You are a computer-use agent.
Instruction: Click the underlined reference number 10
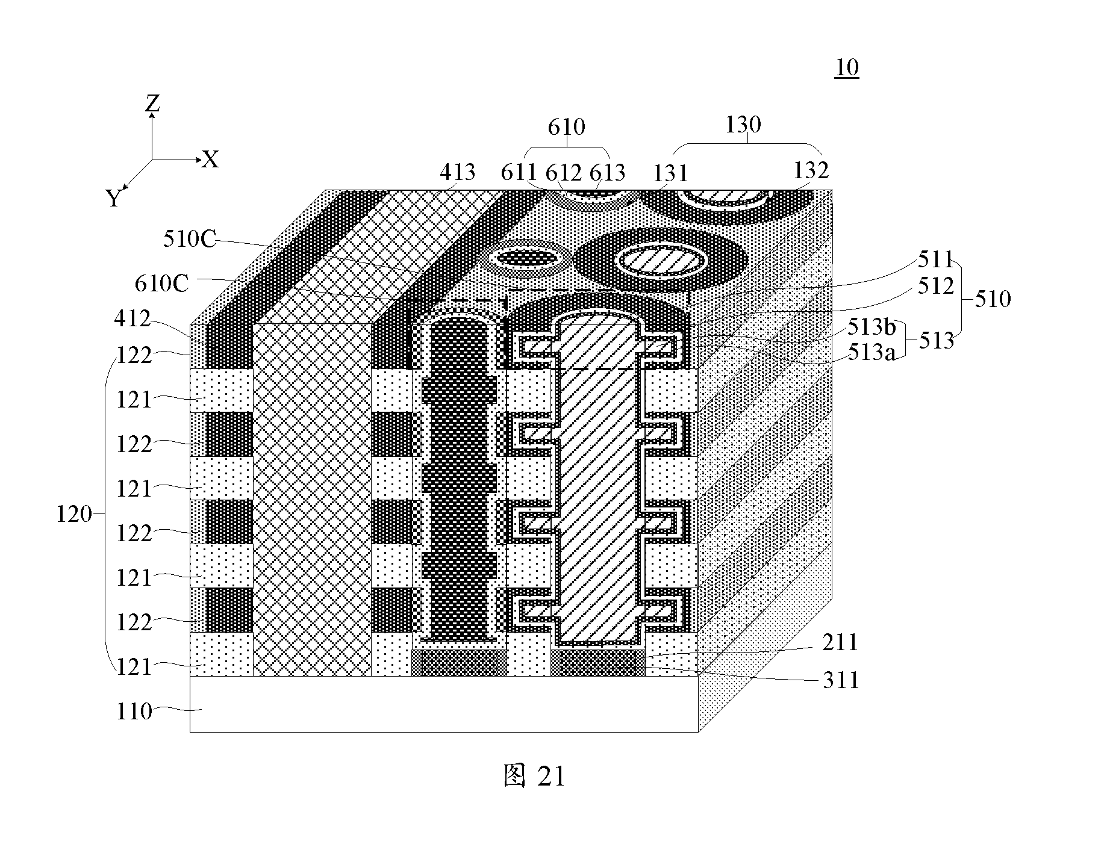coord(847,67)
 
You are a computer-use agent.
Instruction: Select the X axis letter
coord(210,160)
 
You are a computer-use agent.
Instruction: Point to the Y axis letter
coord(114,197)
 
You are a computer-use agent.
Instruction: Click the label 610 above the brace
coord(566,127)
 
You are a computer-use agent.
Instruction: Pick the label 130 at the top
coord(743,125)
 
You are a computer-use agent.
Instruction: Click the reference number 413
coord(458,173)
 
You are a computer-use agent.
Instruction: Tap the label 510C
coord(189,239)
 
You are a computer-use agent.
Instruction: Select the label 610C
coord(161,283)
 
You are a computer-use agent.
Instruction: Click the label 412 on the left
coord(133,318)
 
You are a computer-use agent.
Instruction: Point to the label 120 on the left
coord(74,515)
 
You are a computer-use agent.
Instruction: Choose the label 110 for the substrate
coord(134,712)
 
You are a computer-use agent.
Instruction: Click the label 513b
coord(872,327)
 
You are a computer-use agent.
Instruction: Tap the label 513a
coord(871,352)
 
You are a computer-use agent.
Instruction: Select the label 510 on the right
coord(992,299)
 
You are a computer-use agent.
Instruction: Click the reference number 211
coord(840,643)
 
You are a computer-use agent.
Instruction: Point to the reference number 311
coord(841,680)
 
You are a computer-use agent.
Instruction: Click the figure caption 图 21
coord(534,776)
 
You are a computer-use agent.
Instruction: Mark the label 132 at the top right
coord(811,170)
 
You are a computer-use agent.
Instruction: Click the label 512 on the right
coord(936,286)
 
